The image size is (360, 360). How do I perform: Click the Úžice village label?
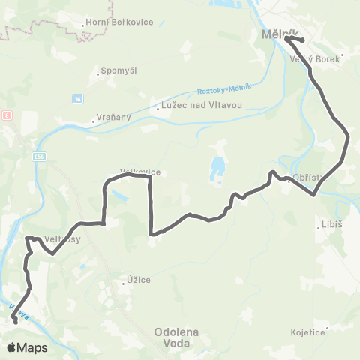137,280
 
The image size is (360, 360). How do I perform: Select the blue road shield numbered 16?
77,98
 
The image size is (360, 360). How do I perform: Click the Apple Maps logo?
27,347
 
